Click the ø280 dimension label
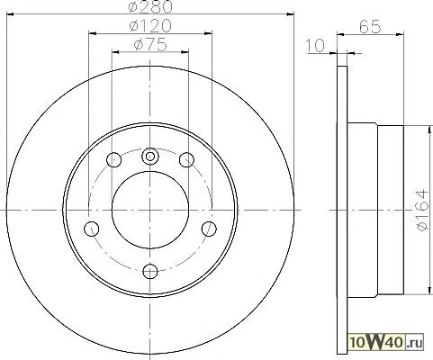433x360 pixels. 150,6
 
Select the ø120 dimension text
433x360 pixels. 150,26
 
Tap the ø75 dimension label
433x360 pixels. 150,45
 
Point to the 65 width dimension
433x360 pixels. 370,27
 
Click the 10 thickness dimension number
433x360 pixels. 315,46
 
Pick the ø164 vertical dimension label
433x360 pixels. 422,210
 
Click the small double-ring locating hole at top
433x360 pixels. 150,157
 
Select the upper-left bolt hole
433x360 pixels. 114,159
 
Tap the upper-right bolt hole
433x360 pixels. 186,159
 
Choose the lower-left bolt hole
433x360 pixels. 92,229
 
